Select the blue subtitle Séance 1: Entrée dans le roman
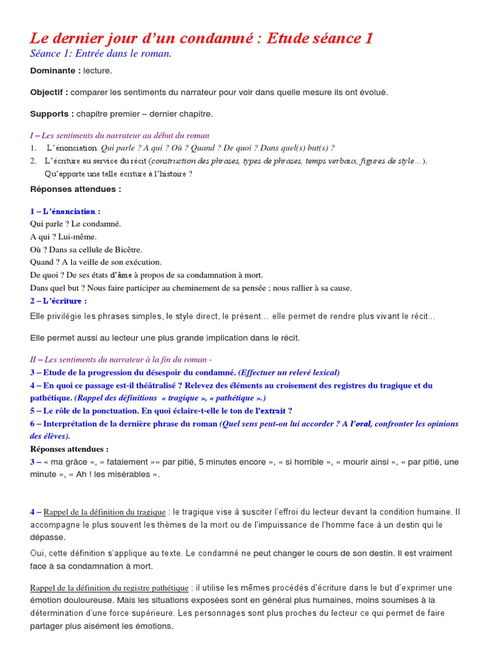click(101, 53)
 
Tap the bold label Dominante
click(55, 70)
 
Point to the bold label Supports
click(51, 113)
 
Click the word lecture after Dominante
click(97, 70)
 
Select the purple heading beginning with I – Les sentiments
click(119, 136)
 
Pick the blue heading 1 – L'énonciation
click(65, 211)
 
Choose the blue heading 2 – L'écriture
click(58, 300)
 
